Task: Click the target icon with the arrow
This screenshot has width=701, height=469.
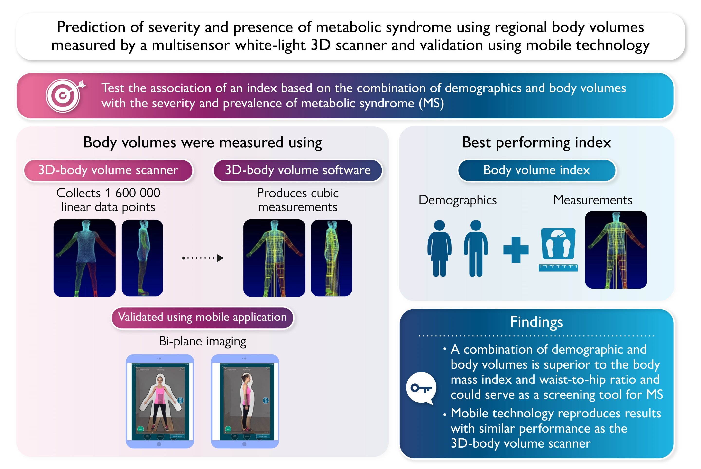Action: point(64,95)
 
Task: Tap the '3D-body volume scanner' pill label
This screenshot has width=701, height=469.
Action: point(108,170)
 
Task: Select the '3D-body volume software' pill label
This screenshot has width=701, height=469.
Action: point(298,170)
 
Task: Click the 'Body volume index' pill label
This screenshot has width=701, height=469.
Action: point(536,170)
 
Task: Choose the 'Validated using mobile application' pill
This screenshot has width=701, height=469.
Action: point(203,317)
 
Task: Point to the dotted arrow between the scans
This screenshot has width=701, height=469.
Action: point(203,257)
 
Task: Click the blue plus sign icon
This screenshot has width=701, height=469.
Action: point(516,250)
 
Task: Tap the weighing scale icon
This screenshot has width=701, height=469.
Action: point(558,244)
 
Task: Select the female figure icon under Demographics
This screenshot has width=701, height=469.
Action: point(439,248)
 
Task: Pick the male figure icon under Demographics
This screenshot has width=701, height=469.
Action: point(476,248)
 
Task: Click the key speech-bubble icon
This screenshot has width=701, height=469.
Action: point(421,388)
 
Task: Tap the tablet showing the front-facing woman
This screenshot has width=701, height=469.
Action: point(160,401)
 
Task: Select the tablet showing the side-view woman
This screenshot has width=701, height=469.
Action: point(245,401)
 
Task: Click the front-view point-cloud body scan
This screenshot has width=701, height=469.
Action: point(84,258)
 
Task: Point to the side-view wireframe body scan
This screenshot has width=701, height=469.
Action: point(332,258)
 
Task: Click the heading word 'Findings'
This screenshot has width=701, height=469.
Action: point(536,322)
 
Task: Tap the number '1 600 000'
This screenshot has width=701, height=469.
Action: point(132,193)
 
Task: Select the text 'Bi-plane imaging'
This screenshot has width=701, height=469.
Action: point(203,341)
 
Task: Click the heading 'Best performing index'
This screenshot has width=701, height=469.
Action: point(536,142)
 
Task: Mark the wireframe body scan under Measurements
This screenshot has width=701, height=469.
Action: point(616,250)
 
